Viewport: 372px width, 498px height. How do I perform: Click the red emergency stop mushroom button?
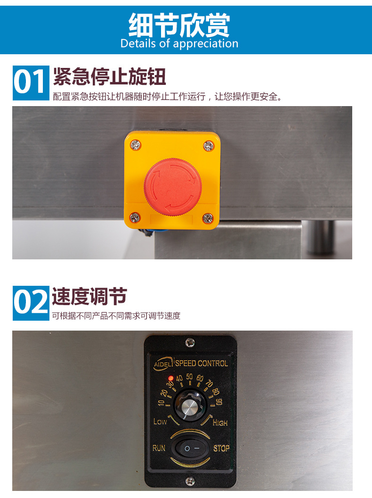click(173, 187)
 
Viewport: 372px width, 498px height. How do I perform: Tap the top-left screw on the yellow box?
click(136, 145)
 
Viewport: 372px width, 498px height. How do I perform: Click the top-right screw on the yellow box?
click(209, 146)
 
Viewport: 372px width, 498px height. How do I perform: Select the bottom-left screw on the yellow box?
click(135, 217)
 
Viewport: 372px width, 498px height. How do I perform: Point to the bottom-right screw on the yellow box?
click(208, 218)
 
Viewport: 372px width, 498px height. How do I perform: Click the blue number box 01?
click(31, 83)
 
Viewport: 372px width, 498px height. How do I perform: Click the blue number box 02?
click(31, 303)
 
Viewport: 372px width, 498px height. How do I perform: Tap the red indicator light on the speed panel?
click(170, 378)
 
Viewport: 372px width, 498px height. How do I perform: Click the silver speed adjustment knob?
click(190, 406)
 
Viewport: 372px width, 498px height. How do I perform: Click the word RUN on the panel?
click(159, 448)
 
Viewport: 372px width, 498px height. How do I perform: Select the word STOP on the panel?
click(221, 448)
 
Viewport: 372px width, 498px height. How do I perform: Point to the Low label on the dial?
click(160, 422)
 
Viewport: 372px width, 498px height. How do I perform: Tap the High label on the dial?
click(220, 423)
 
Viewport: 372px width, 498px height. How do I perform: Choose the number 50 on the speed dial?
click(189, 377)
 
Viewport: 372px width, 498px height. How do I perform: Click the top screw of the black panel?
click(190, 342)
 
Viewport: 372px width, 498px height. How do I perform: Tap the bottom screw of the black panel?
click(190, 481)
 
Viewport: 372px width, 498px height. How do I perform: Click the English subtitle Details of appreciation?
click(179, 43)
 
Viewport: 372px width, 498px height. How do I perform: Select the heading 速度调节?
click(89, 296)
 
